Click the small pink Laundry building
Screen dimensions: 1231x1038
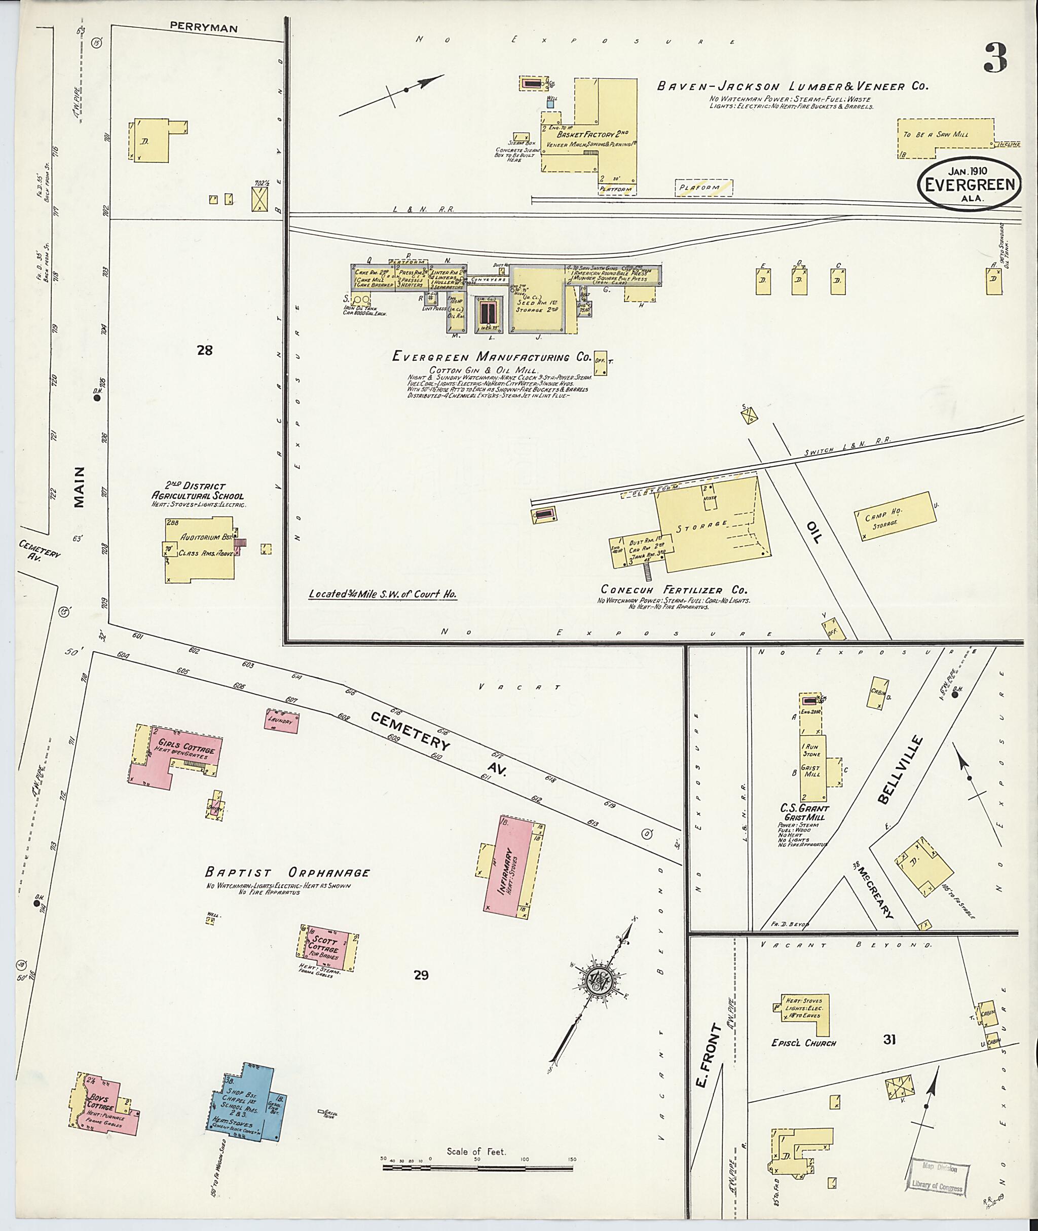click(281, 721)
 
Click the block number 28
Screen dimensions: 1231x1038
click(204, 351)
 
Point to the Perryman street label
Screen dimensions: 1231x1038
click(204, 27)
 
